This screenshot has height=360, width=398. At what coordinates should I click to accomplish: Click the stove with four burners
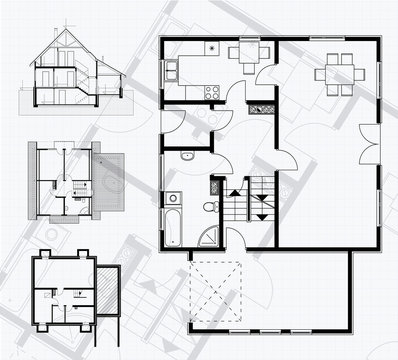point(211,92)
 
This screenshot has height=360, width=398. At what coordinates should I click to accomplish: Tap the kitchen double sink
point(171,71)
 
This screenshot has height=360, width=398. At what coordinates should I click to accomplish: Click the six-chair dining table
point(333,73)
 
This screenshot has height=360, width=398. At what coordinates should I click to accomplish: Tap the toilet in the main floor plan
point(208,207)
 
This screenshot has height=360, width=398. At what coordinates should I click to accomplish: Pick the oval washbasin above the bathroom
point(188,158)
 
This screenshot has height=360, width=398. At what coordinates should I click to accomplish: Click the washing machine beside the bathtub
point(174,198)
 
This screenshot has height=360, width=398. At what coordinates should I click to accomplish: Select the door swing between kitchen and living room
point(266,75)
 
